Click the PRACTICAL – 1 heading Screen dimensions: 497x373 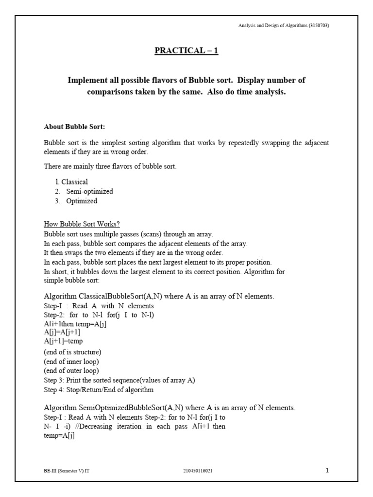click(186, 51)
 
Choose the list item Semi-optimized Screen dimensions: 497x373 click(89, 191)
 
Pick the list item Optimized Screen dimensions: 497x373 click(82, 201)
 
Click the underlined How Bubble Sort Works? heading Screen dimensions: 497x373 click(82, 224)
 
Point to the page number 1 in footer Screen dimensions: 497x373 click(327, 470)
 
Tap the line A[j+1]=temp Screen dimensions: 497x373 click(63, 341)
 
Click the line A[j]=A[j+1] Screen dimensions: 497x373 click(62, 332)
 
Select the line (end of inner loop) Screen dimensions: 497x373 click(71, 361)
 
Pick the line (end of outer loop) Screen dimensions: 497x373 click(72, 370)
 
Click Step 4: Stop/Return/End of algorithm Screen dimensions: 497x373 click(98, 389)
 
